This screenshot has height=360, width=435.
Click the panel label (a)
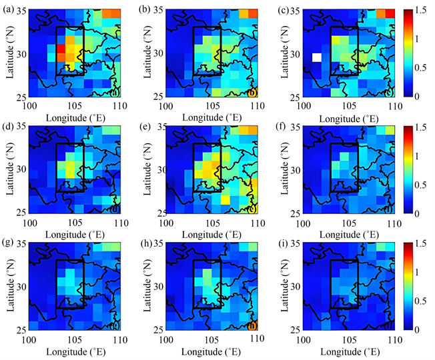pyautogui.click(x=10, y=8)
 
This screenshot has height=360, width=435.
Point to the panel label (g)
pyautogui.click(x=9, y=241)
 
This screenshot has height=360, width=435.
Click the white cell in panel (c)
pyautogui.click(x=318, y=57)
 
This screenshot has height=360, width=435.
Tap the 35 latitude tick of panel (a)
pyautogui.click(x=21, y=13)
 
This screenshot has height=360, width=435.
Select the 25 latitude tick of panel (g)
pyautogui.click(x=21, y=329)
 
